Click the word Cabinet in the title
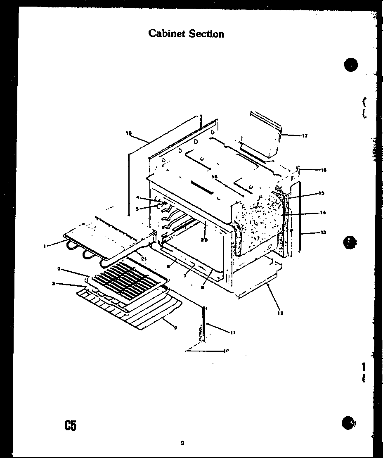tap(167, 33)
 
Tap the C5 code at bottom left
tap(70, 425)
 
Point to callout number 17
tap(305, 136)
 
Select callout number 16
tap(323, 170)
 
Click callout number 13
tap(323, 233)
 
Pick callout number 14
tap(323, 213)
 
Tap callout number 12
tap(280, 313)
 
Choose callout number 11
tap(233, 332)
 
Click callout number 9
tap(175, 328)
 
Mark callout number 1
tap(44, 246)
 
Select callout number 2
tap(59, 269)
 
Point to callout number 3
tap(53, 283)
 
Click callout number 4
tap(137, 197)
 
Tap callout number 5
tap(137, 209)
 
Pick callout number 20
tap(203, 240)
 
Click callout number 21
tap(144, 259)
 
